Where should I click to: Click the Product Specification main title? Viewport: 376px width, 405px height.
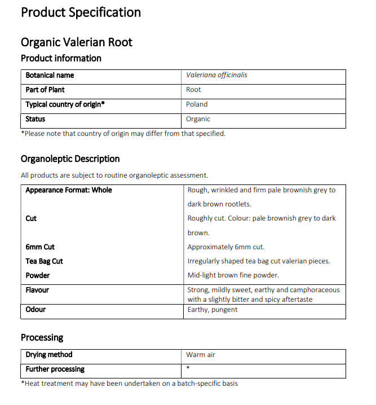click(81, 12)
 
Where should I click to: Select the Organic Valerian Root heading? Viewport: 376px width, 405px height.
click(77, 42)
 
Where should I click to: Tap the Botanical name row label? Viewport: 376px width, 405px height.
click(50, 75)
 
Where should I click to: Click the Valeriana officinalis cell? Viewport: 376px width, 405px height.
click(216, 75)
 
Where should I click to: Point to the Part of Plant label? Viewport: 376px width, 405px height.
click(45, 90)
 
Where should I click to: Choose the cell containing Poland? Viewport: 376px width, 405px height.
click(197, 104)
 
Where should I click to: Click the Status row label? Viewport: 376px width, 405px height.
click(36, 119)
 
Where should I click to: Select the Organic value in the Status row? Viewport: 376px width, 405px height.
click(198, 119)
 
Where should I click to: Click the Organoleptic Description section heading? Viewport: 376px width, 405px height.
click(70, 159)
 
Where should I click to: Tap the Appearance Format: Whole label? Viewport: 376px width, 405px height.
click(69, 190)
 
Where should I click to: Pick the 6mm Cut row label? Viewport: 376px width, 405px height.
click(40, 247)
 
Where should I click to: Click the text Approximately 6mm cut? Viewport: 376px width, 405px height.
click(225, 247)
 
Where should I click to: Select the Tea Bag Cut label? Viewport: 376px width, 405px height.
click(44, 261)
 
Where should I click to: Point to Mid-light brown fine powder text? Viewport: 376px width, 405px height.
click(233, 275)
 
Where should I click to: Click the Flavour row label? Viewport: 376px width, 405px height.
click(37, 290)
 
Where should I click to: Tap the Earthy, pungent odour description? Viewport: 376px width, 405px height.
click(213, 309)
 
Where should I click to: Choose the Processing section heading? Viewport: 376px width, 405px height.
click(42, 337)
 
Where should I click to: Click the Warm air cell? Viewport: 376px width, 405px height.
click(201, 355)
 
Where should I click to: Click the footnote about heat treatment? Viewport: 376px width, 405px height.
click(129, 384)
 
